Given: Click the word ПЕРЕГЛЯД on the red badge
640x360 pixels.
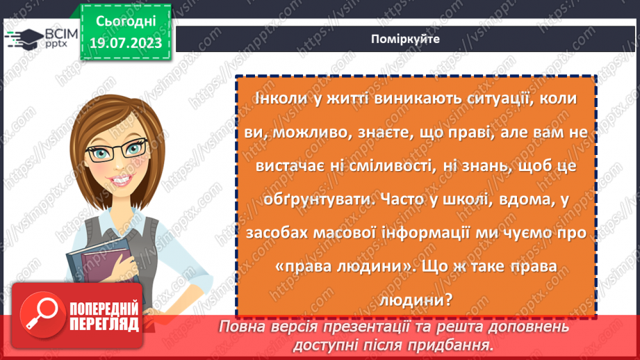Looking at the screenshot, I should click(x=102, y=325).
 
